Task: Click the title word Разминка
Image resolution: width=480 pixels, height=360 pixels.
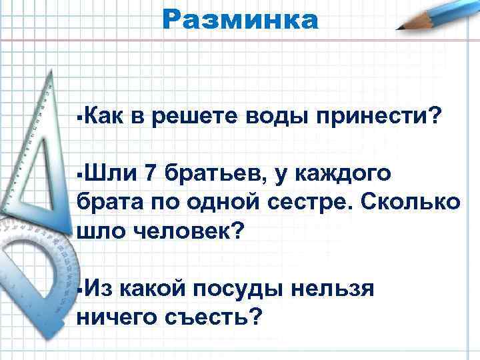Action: click(240, 19)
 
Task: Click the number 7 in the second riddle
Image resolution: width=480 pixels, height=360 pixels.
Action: click(149, 174)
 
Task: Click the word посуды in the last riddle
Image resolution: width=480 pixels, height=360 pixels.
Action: click(239, 289)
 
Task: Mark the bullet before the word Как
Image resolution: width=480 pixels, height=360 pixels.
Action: click(79, 119)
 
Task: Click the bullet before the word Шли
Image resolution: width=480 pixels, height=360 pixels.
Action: click(79, 175)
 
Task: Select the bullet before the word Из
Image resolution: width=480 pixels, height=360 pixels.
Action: click(79, 289)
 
